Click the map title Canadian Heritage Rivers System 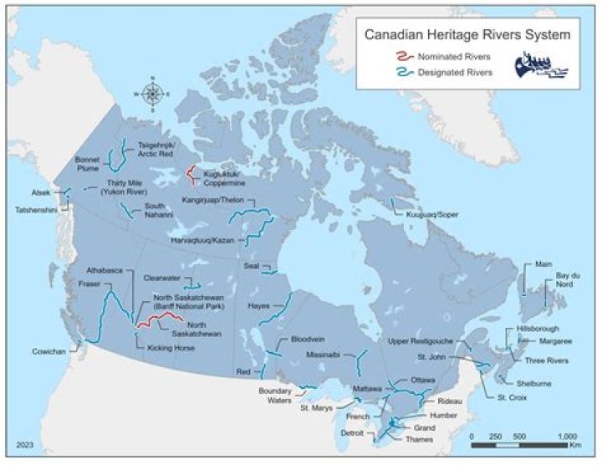467,35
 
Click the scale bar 523,444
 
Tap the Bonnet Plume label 88,162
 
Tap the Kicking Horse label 166,346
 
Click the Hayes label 258,306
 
